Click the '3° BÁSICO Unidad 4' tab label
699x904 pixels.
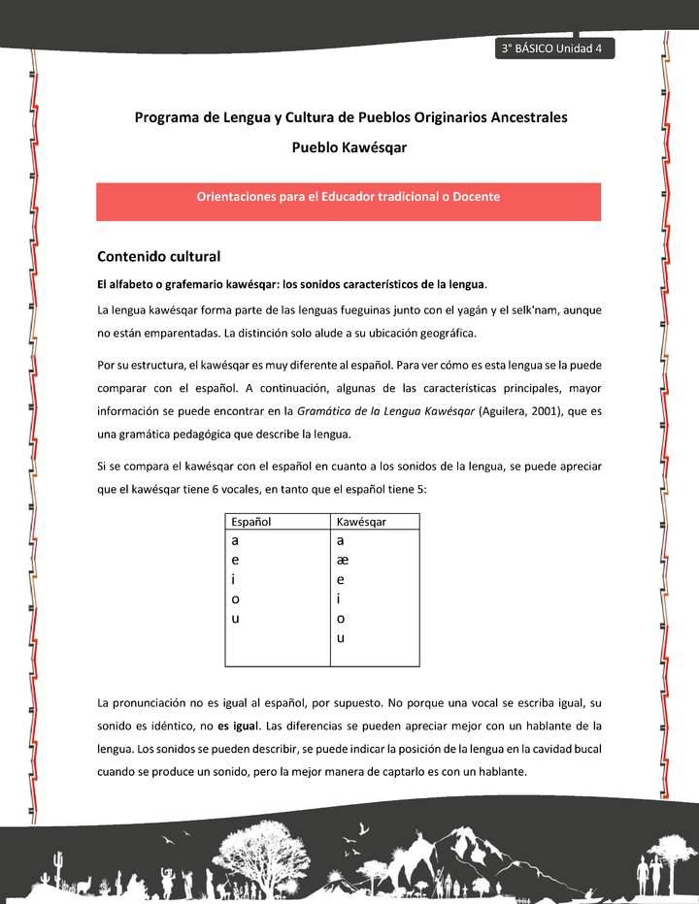point(553,49)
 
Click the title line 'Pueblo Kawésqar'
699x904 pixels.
point(349,148)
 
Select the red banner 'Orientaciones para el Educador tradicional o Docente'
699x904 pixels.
point(349,197)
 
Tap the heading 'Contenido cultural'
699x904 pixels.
point(159,257)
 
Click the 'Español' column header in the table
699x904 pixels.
point(250,522)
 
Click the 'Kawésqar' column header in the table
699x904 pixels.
point(361,522)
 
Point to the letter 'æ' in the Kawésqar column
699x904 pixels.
point(343,560)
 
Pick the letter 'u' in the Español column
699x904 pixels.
point(236,618)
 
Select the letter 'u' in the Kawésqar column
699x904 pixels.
point(341,637)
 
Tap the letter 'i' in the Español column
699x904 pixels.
point(234,579)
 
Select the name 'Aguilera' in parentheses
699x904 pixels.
point(506,411)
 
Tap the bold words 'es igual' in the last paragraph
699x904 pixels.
point(238,726)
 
